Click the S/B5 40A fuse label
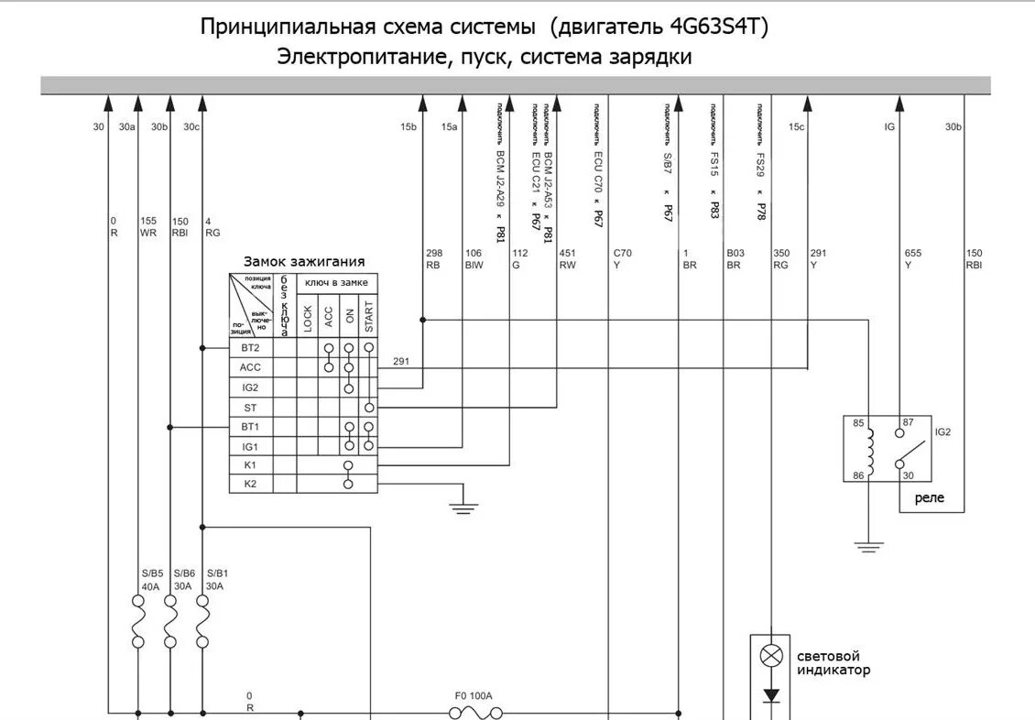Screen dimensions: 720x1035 point(151,580)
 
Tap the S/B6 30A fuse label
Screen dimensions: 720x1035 point(183,580)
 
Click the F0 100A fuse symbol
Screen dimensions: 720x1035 point(473,711)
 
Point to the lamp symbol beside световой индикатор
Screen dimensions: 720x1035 point(773,656)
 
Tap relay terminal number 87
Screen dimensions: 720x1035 point(909,423)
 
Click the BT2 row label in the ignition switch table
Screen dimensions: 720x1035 point(250,348)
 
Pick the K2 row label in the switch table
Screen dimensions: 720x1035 point(250,484)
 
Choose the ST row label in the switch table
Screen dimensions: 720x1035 point(250,407)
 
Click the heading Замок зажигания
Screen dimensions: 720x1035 point(304,262)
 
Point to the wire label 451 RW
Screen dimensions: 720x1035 point(567,259)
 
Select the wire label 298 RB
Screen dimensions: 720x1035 point(433,259)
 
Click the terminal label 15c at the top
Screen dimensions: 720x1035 point(796,127)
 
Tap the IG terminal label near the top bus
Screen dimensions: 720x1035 point(889,127)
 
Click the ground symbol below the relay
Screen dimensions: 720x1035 point(867,548)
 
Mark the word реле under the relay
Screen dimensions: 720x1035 point(930,499)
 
